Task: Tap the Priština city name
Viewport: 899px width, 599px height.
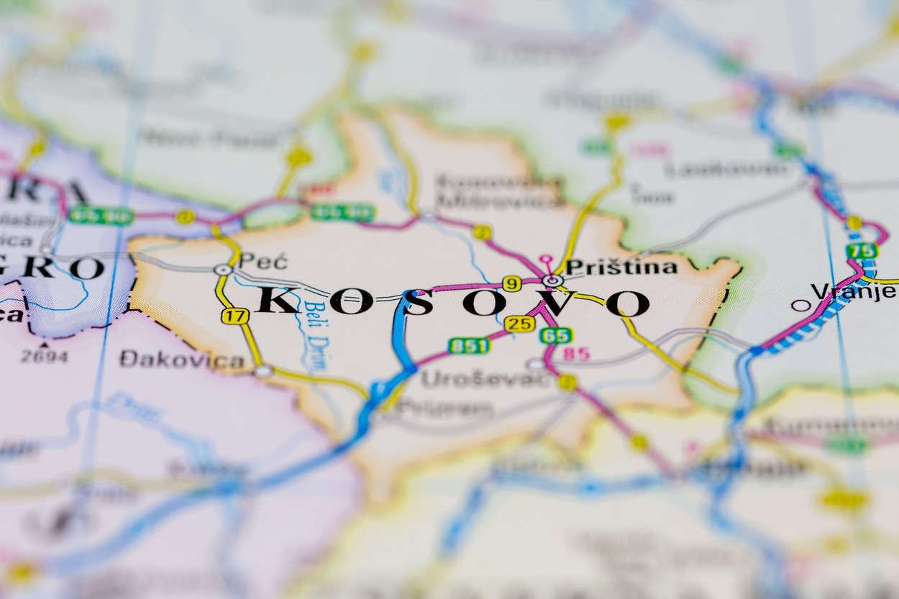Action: coord(621,268)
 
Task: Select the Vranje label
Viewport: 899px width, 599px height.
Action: coord(853,291)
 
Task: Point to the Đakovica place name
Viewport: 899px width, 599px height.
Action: coord(181,360)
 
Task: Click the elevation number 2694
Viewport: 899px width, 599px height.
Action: coord(45,356)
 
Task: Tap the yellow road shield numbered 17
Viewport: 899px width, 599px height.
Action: coord(234,316)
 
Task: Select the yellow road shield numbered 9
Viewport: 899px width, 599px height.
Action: coord(511,284)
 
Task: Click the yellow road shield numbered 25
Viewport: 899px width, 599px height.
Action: coord(519,324)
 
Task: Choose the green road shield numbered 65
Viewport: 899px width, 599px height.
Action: coord(555,335)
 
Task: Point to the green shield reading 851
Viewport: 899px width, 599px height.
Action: coord(468,346)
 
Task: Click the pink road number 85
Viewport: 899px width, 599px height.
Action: coord(576,354)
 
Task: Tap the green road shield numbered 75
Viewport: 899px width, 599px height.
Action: coord(862,251)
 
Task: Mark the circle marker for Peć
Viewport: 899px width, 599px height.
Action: coord(223,270)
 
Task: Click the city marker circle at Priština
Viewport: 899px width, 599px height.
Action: coord(552,280)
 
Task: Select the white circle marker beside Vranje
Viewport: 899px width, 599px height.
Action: coord(800,305)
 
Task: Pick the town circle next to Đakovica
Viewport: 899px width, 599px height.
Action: coord(263,371)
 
